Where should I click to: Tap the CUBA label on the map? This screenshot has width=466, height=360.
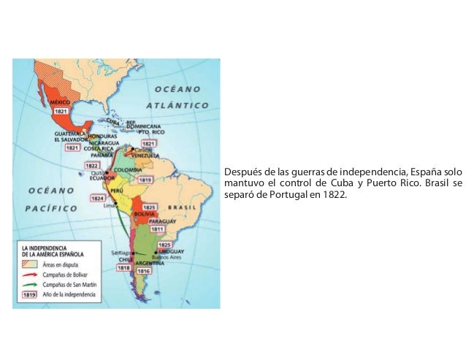pos(113,121)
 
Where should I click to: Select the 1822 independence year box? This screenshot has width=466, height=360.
pos(93,166)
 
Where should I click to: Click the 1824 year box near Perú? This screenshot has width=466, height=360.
pos(98,198)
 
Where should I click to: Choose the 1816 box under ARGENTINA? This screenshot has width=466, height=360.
pos(144,271)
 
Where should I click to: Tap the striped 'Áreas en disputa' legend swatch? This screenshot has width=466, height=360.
pos(31,264)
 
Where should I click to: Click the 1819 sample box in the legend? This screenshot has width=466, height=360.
pos(31,294)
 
